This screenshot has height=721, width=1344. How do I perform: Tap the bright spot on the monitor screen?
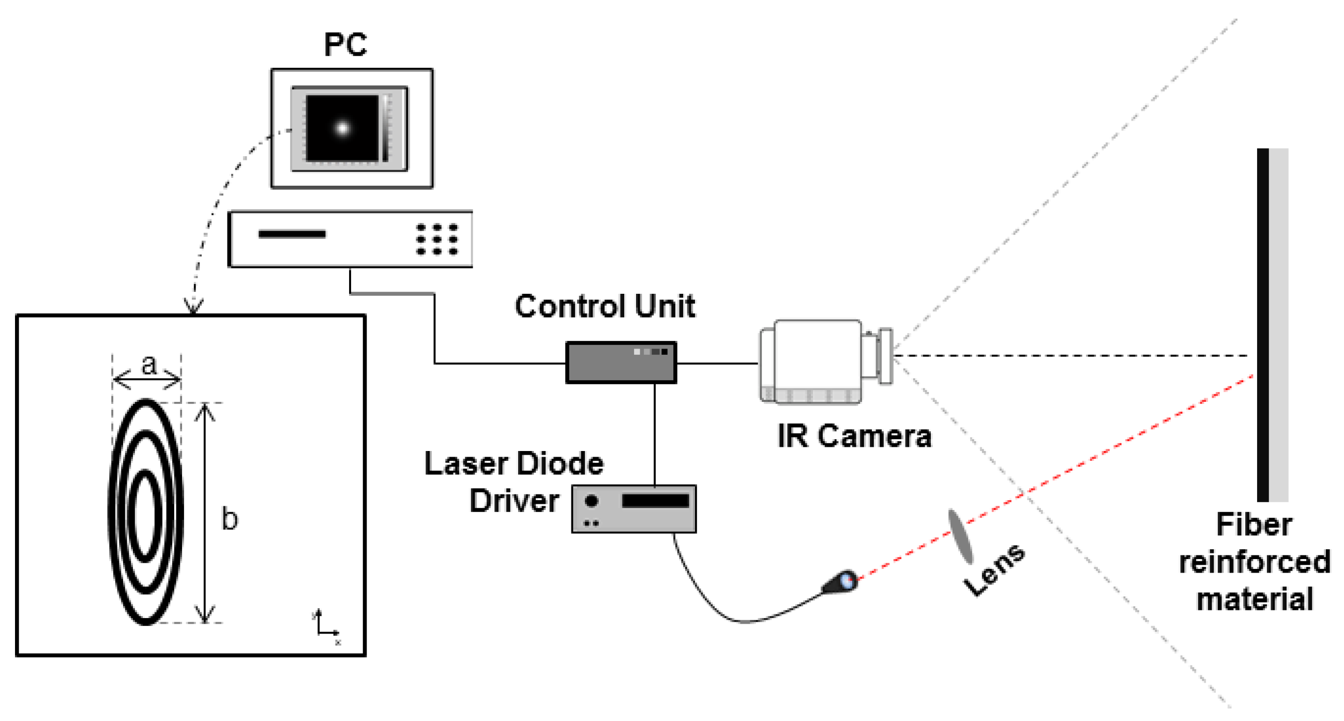342,127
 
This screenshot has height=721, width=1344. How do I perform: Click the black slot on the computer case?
292,234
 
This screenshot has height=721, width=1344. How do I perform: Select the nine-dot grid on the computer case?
436,239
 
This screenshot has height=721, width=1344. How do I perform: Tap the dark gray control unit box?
621,363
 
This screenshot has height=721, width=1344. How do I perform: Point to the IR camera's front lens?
885,356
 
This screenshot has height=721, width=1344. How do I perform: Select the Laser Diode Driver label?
514,482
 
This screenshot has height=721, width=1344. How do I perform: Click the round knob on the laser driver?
591,501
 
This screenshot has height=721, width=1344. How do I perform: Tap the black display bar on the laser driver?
655,501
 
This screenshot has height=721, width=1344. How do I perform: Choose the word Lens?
994,569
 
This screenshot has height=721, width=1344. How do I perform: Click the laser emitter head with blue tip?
840,582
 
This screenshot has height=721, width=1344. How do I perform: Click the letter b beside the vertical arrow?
230,519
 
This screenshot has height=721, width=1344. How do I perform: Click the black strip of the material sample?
1262,323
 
